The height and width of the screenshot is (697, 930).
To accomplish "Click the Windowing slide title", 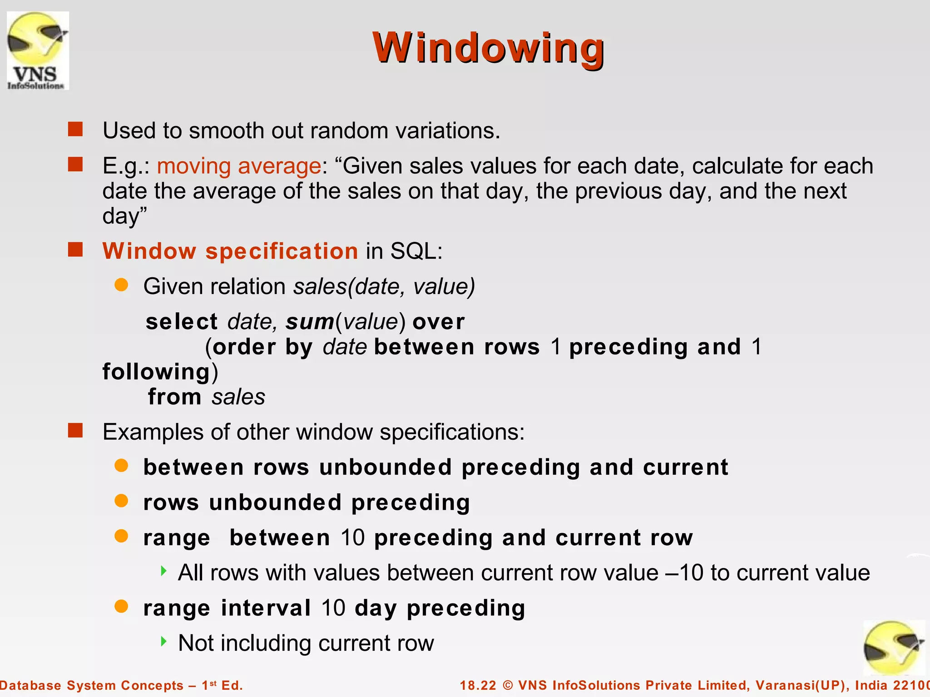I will tap(488, 48).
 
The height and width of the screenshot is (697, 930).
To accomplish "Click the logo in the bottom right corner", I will tap(894, 648).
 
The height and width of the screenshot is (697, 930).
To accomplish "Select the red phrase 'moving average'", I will tap(239, 166).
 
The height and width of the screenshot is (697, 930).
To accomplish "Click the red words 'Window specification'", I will tap(230, 251).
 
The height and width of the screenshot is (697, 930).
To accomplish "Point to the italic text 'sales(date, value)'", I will tap(384, 286).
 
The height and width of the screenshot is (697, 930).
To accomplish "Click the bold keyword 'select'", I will tap(182, 322).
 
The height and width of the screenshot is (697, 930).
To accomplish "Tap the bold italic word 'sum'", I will tap(310, 322).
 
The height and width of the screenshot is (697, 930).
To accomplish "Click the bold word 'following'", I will tap(156, 372).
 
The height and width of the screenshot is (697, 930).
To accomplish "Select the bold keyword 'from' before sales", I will tap(174, 397).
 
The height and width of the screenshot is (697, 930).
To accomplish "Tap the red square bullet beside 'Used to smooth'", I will tap(75, 129).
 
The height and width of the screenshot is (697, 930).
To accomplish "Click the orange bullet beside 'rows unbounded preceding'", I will tap(121, 501).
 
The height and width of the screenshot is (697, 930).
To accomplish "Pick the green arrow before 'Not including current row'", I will tap(164, 641).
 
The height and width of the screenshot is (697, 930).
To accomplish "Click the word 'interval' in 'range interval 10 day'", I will tap(266, 608).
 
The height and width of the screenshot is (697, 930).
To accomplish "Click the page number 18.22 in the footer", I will tap(478, 685).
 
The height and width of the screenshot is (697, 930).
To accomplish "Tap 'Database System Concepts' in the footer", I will tap(91, 685).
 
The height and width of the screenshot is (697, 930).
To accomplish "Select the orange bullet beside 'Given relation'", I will tap(121, 285).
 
